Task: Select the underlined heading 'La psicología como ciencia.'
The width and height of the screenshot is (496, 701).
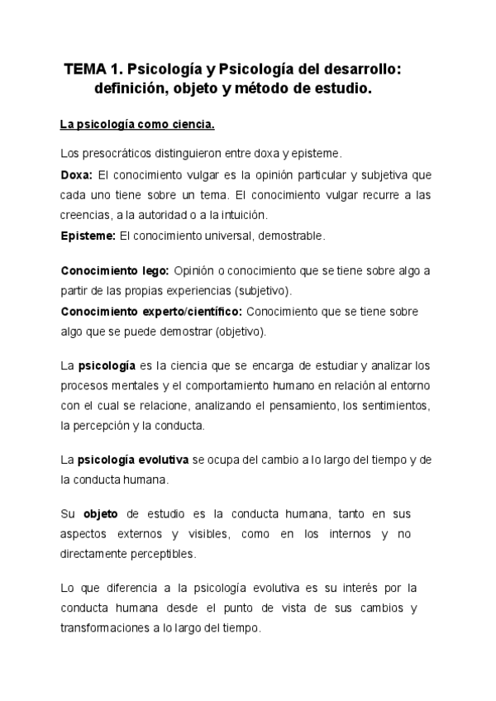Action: pyautogui.click(x=137, y=126)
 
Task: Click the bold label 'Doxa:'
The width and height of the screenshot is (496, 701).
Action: pyautogui.click(x=77, y=175)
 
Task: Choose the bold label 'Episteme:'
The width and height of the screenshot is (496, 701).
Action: pyautogui.click(x=88, y=236)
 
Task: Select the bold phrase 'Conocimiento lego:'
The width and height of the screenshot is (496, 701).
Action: pyautogui.click(x=115, y=271)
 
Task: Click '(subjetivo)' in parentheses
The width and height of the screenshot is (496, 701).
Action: pyautogui.click(x=268, y=292)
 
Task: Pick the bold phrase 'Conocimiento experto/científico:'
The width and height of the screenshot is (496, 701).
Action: pyautogui.click(x=151, y=312)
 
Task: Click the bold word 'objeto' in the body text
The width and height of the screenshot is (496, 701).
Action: pyautogui.click(x=103, y=513)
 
